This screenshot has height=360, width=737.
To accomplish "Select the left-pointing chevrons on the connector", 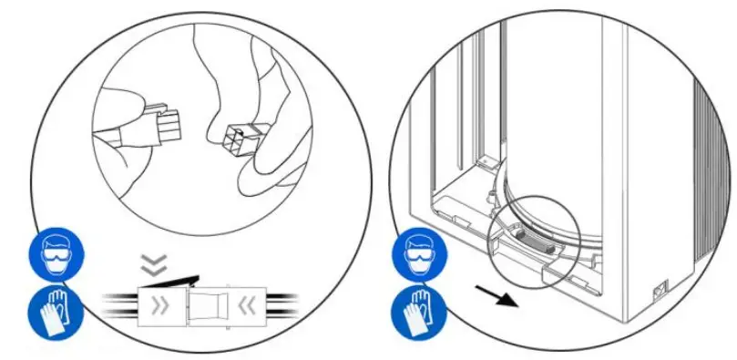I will click(243, 306).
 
